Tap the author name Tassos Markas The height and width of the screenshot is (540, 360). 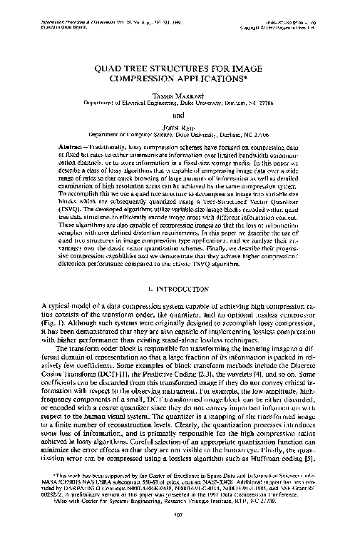[x=180, y=93]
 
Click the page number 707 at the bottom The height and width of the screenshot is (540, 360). [x=180, y=516]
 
